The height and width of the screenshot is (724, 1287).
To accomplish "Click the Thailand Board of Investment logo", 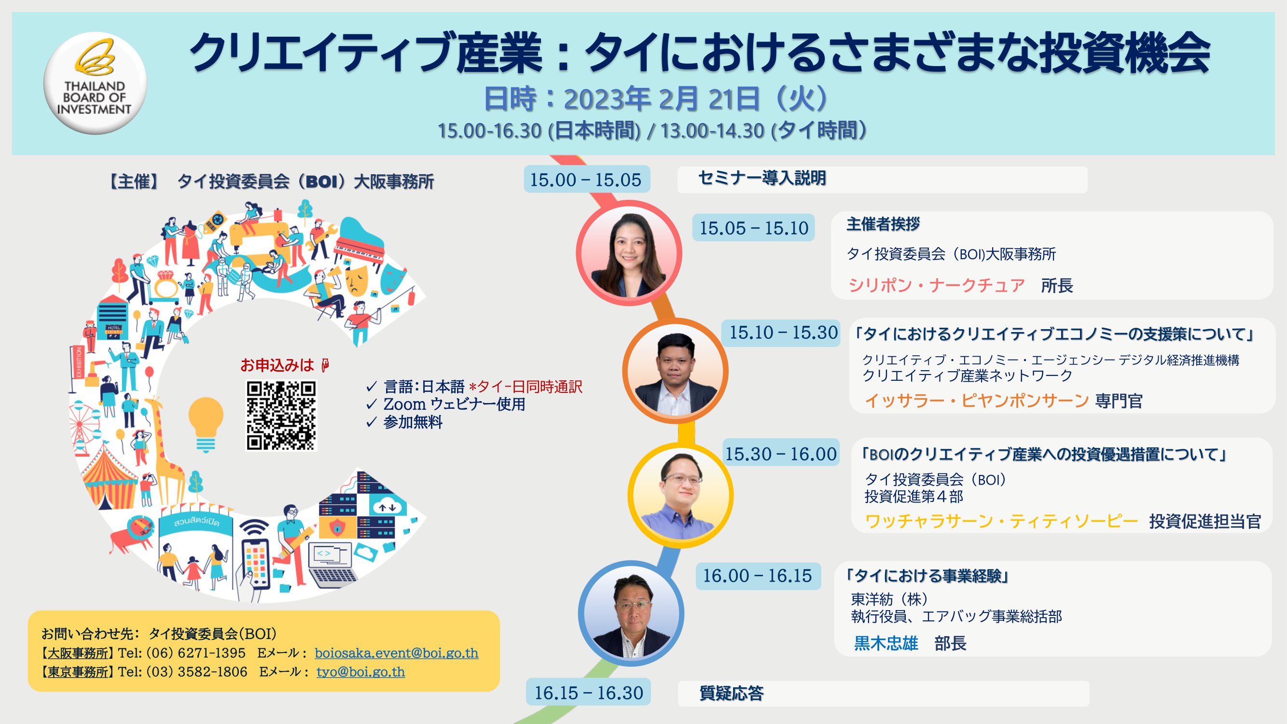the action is (x=95, y=83).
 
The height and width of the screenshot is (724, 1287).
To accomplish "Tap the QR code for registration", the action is (x=281, y=416).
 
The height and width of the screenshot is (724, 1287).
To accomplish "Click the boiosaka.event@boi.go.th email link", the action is (x=396, y=653).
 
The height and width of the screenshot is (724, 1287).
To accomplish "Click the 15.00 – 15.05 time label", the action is (x=586, y=180).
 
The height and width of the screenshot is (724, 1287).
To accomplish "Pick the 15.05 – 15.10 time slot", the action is (x=753, y=228).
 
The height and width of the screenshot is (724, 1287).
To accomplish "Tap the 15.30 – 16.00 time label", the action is (x=781, y=454).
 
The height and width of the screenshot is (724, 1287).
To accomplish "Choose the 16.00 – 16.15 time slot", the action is (x=758, y=576).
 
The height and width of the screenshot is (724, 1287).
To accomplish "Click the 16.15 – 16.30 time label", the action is (x=589, y=693).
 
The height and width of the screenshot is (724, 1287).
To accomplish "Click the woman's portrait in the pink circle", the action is (x=629, y=253).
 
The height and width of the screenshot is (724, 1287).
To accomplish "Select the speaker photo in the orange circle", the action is (x=675, y=371).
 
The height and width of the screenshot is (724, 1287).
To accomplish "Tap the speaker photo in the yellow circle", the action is (x=680, y=495).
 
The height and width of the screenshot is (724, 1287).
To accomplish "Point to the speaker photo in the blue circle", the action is (x=631, y=613).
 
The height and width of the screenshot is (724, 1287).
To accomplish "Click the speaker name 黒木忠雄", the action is (x=886, y=643).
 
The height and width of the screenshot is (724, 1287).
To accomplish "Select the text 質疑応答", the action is (x=732, y=693).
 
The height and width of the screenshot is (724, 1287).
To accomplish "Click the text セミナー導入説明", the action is (x=762, y=178).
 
